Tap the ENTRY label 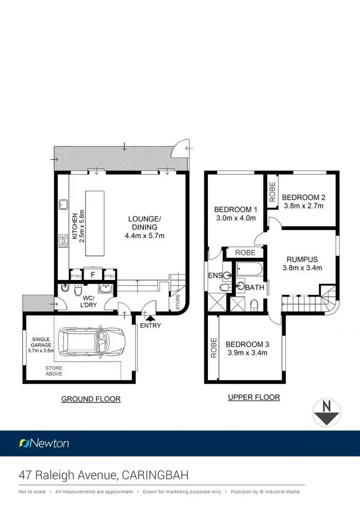[x=151, y=326]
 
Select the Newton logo [x=44, y=443]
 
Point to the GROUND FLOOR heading [x=91, y=399]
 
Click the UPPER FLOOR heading [x=254, y=397]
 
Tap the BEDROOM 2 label [x=304, y=197]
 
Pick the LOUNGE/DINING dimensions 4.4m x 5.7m [x=144, y=235]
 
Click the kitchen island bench [x=95, y=217]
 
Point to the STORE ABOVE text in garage [x=54, y=371]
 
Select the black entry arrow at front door [x=151, y=317]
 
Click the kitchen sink [x=63, y=205]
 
